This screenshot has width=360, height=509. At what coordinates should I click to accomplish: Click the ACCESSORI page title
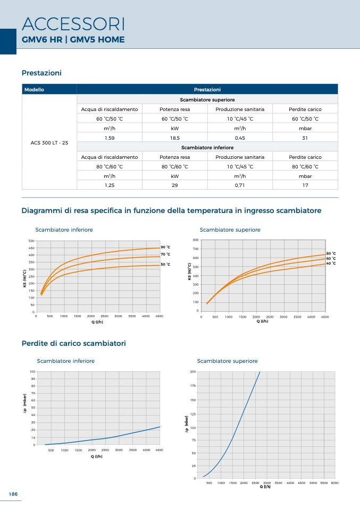pos(73,24)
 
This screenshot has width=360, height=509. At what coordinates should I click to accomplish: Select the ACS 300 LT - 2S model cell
pos(49,143)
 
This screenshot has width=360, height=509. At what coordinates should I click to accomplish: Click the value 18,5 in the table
pos(174,138)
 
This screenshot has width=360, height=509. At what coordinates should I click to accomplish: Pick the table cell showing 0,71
pos(239,185)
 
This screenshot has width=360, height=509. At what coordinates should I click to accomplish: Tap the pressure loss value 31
pos(305,138)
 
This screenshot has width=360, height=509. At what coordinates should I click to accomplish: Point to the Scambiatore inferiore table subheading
pos(207,148)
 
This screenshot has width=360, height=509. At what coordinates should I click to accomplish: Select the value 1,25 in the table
pos(110,185)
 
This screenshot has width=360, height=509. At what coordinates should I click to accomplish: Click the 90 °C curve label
pos(165,247)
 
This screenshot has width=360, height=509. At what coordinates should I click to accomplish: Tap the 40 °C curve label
pos(331,264)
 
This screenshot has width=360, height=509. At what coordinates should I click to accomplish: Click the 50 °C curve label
pos(165,264)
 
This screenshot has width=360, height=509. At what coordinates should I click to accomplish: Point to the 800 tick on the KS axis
pos(196,241)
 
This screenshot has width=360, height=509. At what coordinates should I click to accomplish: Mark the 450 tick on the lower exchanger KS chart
pos(31,248)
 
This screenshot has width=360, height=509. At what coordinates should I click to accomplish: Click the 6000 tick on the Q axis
pos(334,482)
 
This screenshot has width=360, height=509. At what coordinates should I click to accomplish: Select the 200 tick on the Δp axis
pos(192,371)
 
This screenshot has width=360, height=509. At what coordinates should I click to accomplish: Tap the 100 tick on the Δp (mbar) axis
pos(32,371)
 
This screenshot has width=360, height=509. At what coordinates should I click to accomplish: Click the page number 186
pos(13,494)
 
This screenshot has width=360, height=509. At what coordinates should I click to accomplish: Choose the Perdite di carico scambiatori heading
pos(73,344)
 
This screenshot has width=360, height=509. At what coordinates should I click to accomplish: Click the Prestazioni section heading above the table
pos(42,73)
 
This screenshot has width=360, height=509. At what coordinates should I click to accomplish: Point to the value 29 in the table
pos(174,185)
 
